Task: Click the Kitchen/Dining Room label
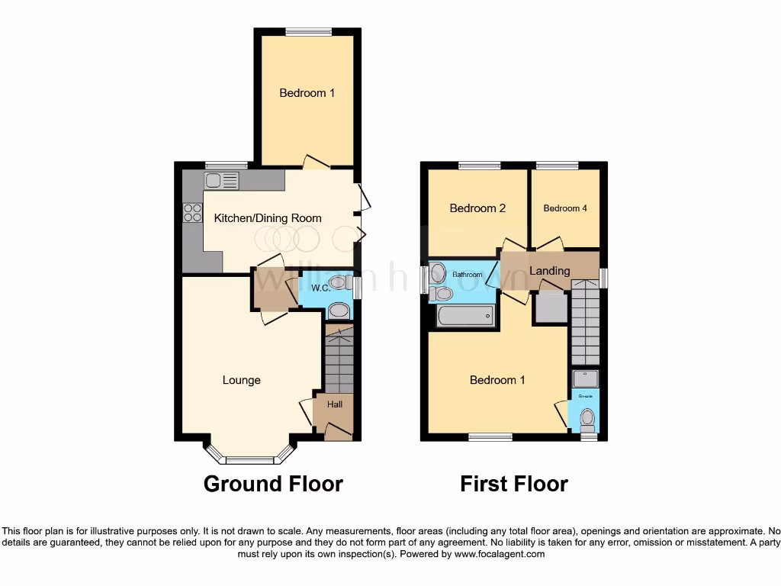click(267, 218)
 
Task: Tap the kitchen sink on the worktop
click(221, 181)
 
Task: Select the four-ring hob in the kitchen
click(192, 212)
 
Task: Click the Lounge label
click(241, 380)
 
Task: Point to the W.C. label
click(320, 288)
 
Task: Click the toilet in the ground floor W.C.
click(339, 310)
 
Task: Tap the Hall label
click(334, 405)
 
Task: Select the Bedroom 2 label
click(477, 208)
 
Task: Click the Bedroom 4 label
click(564, 208)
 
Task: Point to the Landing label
click(549, 271)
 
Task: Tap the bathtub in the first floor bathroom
click(465, 315)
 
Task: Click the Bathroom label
click(467, 275)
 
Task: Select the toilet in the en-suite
click(587, 418)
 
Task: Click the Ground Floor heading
click(273, 484)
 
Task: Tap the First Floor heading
click(514, 484)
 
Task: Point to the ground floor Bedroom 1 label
click(307, 93)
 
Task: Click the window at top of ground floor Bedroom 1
click(308, 31)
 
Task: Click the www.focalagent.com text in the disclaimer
click(500, 555)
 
